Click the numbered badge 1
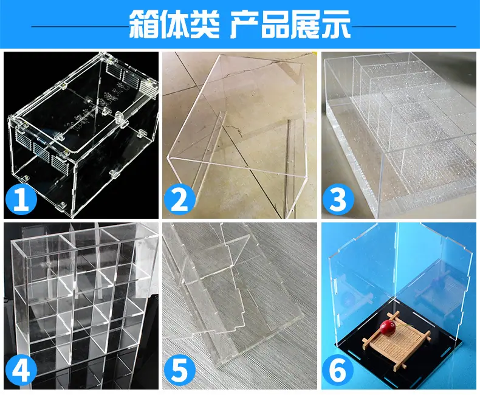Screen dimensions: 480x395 pos(21,199)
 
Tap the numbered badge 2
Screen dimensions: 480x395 pos(180,199)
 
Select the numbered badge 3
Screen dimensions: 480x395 pos(338,199)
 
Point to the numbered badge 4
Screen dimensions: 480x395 pos(21,370)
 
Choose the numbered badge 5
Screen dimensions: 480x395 pos(180,370)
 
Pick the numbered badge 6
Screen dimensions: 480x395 pos(338,370)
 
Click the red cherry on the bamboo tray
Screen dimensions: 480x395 pos(387,328)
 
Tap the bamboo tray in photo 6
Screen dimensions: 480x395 pos(397,340)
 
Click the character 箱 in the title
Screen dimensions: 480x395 pos(144,24)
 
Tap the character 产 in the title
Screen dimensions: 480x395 pos(245,24)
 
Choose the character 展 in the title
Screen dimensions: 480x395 pos(306,24)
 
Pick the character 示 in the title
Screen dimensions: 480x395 pos(336,24)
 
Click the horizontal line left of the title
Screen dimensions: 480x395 pos(80,26)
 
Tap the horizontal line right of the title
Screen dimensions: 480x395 pos(404,26)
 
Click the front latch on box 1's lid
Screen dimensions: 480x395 pos(120,120)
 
